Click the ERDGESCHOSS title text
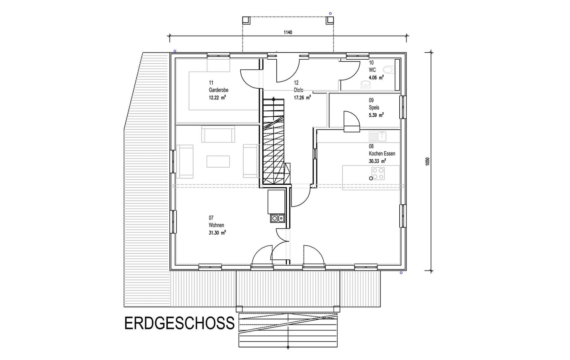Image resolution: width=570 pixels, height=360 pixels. pyautogui.click(x=179, y=324)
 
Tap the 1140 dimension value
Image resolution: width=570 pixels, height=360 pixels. pyautogui.click(x=288, y=32)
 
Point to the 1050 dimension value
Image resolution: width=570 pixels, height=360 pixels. pyautogui.click(x=427, y=161)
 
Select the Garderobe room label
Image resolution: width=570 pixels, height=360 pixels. pyautogui.click(x=218, y=90)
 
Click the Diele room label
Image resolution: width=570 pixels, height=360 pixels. pyautogui.click(x=298, y=90)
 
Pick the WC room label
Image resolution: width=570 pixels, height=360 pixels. pyautogui.click(x=372, y=70)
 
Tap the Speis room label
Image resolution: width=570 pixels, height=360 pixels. pyautogui.click(x=374, y=107)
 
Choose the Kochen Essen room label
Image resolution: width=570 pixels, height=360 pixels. pyautogui.click(x=382, y=153)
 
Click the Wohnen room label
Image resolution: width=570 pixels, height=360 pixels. pyautogui.click(x=216, y=225)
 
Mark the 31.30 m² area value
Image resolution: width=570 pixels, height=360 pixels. pyautogui.click(x=217, y=233)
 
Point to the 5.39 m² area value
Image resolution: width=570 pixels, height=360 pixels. pyautogui.click(x=376, y=115)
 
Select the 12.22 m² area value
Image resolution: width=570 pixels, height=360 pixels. pyautogui.click(x=217, y=97)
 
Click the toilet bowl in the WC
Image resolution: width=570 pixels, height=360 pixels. pyautogui.click(x=388, y=70)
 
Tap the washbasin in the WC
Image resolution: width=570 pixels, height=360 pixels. pyautogui.click(x=366, y=84)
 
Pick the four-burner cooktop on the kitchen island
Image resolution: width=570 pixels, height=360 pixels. pyautogui.click(x=378, y=173)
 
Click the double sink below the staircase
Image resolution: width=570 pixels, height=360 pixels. pyautogui.click(x=277, y=218)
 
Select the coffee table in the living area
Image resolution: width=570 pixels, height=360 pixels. pyautogui.click(x=218, y=161)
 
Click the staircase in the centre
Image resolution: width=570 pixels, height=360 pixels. pyautogui.click(x=274, y=141)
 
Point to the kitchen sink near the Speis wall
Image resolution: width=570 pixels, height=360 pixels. pyautogui.click(x=377, y=136)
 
